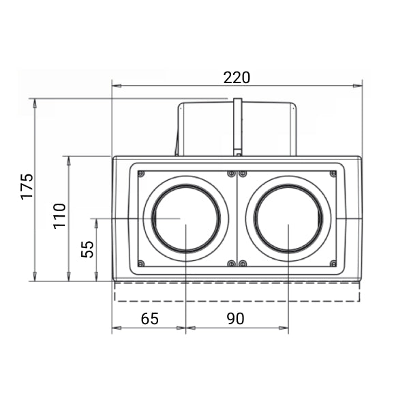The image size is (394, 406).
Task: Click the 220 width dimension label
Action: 237,77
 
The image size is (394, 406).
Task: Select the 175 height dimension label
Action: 27,186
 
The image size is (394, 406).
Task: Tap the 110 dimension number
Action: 60,215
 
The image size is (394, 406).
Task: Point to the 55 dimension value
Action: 87,249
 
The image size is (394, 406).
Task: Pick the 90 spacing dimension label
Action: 235,318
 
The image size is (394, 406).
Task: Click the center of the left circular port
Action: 185,219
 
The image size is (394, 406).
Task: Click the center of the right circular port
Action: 288,219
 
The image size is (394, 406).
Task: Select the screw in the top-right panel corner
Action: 333,174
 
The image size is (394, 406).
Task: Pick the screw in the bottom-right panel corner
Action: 333,264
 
